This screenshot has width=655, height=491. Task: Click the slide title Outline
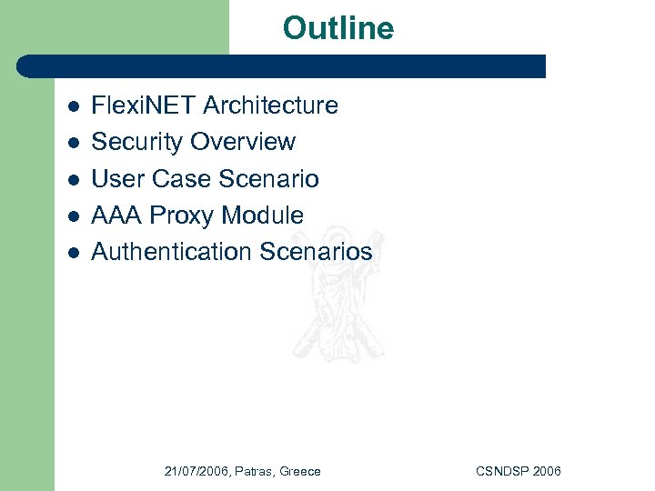coord(338,28)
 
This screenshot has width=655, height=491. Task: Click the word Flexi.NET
coord(144,105)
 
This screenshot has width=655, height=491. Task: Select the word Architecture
coord(270,105)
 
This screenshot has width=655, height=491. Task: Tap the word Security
coord(137,142)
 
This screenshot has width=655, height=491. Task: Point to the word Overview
coord(243,142)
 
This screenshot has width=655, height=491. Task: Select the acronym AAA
coord(117,215)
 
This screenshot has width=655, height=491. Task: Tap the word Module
coord(265,215)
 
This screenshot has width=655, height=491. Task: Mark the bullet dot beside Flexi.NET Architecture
coord(74,107)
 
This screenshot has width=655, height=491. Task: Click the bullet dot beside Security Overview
coord(74,144)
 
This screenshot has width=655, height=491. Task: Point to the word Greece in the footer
coord(299,471)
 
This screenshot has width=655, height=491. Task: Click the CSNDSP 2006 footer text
coord(518,471)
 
